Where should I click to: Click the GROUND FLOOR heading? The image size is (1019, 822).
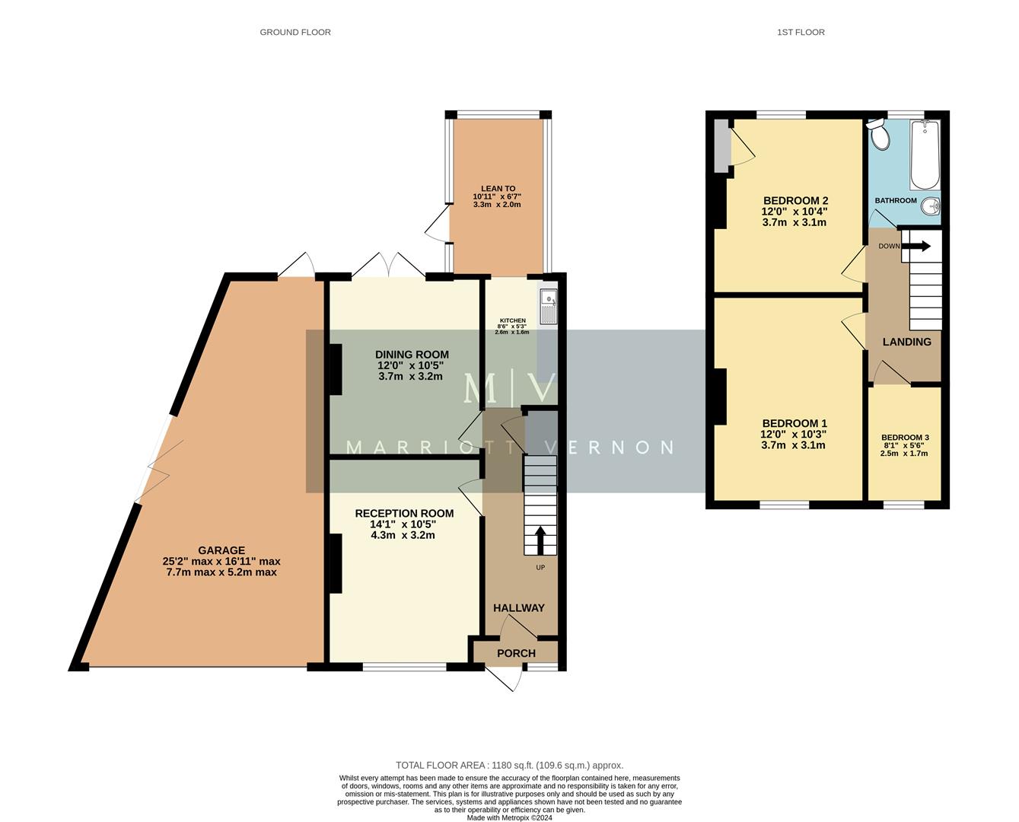pos(295,32)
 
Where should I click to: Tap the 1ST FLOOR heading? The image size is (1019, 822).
pos(801,32)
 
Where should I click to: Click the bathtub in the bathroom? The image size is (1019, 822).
pos(925,155)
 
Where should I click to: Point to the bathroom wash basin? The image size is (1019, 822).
pos(931,206)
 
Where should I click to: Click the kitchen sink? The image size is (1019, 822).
pos(548,305)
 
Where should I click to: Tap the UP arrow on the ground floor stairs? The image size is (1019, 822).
pos(540,540)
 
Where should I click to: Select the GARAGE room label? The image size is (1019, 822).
pos(221,550)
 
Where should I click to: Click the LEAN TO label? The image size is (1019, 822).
pos(498,189)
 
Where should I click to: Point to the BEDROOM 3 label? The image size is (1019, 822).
pos(905,438)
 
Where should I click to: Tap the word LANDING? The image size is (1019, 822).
pos(906,342)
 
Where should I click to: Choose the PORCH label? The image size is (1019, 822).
pos(516,653)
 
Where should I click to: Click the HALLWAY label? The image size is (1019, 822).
pos(519,607)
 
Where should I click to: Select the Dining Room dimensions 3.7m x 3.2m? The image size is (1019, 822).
pos(411,376)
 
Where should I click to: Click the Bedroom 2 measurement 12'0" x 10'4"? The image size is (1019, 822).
pos(794,212)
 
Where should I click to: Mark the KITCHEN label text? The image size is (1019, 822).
pos(512,320)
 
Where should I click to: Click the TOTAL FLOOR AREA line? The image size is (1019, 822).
pos(509,765)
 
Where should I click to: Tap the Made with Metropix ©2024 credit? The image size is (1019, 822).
pos(509,818)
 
